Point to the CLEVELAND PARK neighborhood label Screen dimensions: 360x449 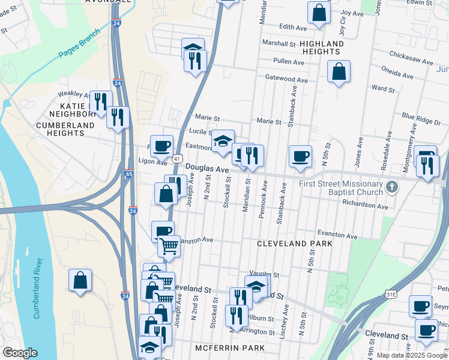pyautogui.click(x=286, y=244)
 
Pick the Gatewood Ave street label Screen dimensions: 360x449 pyautogui.click(x=286, y=79)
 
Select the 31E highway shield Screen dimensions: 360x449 pyautogui.click(x=390, y=294)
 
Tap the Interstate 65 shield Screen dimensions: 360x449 pyautogui.click(x=129, y=174)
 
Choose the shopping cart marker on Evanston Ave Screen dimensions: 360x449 pyautogui.click(x=169, y=246)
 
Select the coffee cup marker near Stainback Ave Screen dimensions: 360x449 pyautogui.click(x=300, y=157)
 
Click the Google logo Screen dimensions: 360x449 pyautogui.click(x=20, y=352)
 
